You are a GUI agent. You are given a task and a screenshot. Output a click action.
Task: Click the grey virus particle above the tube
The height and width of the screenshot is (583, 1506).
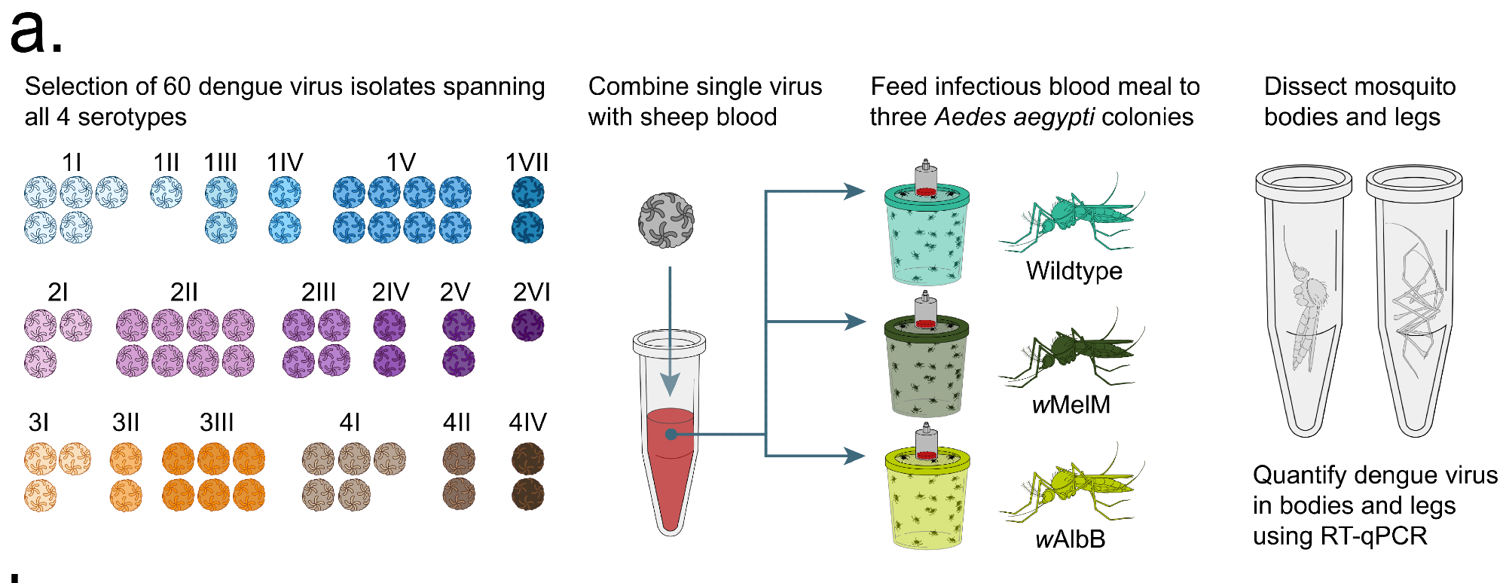666,221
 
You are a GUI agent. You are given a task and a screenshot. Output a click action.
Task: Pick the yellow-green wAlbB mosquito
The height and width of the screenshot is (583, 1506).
1070,486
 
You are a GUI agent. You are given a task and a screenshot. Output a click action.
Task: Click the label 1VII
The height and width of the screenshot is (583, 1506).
527,163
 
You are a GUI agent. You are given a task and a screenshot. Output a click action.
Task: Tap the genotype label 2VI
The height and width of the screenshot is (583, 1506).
531,292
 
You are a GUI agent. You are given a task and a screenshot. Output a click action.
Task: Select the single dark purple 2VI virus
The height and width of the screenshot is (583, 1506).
528,326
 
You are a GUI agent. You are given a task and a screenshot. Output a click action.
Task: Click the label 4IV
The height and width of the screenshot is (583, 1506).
527,423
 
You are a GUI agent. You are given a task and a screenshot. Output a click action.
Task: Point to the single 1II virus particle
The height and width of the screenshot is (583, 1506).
166,192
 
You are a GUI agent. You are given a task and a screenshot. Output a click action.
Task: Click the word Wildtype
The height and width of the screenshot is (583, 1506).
1074,271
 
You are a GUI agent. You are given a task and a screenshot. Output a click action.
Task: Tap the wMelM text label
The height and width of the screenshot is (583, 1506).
1071,405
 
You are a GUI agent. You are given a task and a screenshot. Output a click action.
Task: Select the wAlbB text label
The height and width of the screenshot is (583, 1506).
1070,539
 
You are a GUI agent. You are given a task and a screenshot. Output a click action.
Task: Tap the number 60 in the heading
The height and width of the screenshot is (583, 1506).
176,87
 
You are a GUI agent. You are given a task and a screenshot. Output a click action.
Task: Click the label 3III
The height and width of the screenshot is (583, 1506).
216,423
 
